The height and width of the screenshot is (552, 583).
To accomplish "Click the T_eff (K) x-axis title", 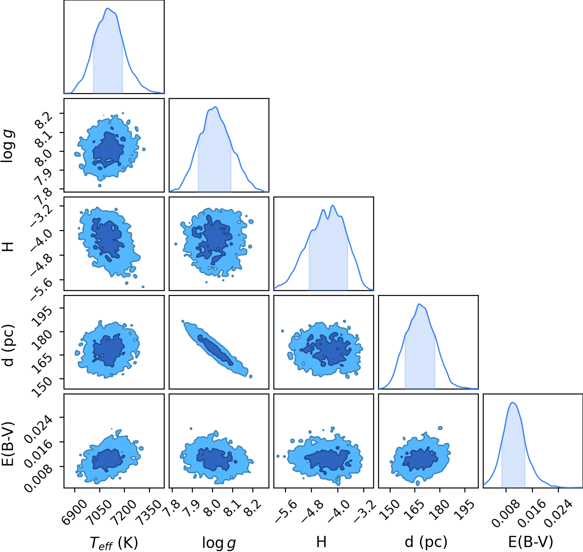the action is pyautogui.click(x=114, y=543).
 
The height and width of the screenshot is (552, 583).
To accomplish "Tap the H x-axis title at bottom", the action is pyautogui.click(x=321, y=542).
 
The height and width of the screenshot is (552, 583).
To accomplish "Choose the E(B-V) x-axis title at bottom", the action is pyautogui.click(x=531, y=542).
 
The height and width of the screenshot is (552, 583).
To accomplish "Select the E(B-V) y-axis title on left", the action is pyautogui.click(x=8, y=444).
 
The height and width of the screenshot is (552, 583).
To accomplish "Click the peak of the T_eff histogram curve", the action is pyautogui.click(x=107, y=9).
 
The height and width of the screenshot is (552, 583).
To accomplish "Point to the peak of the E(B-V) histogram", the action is pyautogui.click(x=512, y=402).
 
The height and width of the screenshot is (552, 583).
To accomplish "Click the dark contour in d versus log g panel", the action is pyautogui.click(x=216, y=350).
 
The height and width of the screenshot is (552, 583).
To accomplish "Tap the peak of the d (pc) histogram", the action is pyautogui.click(x=419, y=304).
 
